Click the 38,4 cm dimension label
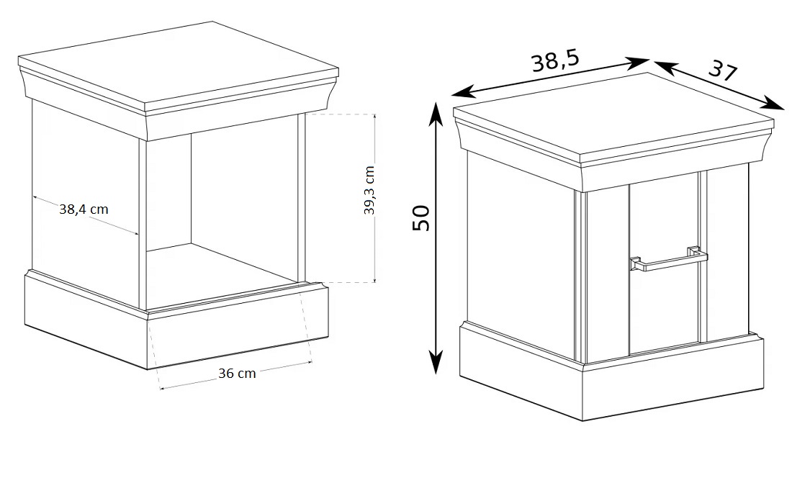pos(84,209)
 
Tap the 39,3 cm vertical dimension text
pos(369,190)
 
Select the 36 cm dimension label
pos(237,374)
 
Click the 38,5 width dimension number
pos(554,62)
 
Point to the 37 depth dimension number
pos(723,71)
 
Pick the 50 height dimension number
pos(420,218)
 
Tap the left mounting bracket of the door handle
pos(636,263)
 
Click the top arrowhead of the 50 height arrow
pos(436,112)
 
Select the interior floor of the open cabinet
pos(222,276)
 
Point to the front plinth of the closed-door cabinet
pos(672,379)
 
